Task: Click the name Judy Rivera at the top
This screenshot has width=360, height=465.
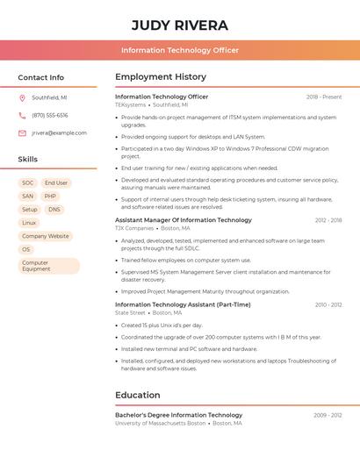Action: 180,25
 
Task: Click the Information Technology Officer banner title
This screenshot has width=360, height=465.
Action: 180,50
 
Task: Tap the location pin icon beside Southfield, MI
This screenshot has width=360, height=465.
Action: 22,98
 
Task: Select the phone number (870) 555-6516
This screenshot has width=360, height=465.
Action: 49,115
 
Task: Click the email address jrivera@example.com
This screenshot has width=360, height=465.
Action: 59,133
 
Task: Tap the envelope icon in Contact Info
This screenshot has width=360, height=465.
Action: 22,133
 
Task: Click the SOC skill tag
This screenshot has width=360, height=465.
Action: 28,183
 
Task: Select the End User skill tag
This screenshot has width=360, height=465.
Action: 56,183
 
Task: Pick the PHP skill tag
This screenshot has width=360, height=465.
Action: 51,197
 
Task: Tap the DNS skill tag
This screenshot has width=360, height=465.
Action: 54,210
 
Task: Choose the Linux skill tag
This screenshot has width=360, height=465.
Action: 30,223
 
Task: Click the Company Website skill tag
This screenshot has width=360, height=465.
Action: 46,236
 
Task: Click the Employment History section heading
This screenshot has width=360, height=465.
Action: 161,77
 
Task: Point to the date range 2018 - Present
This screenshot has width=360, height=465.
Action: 324,97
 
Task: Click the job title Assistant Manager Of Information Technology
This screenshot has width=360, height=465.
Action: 184,220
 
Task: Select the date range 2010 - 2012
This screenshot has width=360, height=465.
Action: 328,305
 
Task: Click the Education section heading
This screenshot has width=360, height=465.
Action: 138,395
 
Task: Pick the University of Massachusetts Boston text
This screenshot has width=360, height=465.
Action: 161,423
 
